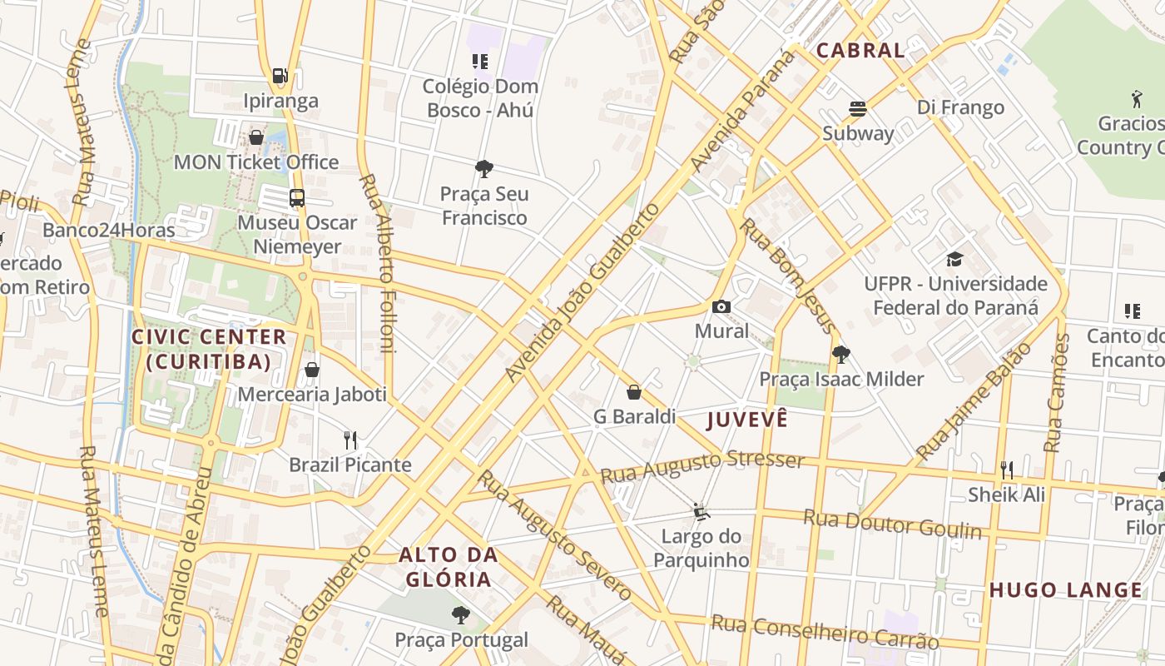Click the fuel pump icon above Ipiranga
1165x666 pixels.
click(280, 76)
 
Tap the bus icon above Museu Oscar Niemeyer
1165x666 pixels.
click(297, 197)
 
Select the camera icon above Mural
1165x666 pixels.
click(721, 306)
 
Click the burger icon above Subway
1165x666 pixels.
click(858, 108)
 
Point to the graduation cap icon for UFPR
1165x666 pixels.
click(954, 259)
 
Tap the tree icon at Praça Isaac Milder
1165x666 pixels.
click(841, 355)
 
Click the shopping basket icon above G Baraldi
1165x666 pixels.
click(634, 391)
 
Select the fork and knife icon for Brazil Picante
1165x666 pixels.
click(350, 440)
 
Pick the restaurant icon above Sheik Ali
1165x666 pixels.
click(1007, 470)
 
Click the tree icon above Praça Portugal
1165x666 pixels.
click(461, 615)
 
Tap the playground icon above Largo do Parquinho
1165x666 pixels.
click(701, 511)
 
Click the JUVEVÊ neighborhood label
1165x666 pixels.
click(747, 420)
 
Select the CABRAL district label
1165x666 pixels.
click(860, 50)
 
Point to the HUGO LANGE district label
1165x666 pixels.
click(1066, 590)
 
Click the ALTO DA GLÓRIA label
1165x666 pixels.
click(449, 567)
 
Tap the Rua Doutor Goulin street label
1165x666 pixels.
click(892, 524)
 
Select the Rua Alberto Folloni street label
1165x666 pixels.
click(379, 262)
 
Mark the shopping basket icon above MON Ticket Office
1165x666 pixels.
click(256, 137)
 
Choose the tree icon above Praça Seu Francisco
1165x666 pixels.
click(484, 169)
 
